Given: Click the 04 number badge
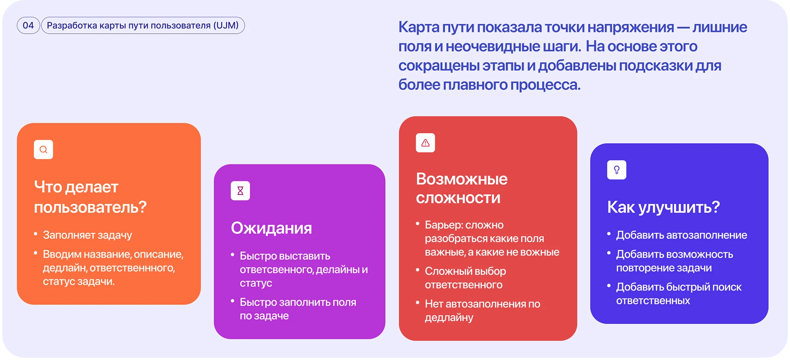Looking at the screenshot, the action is tap(28, 26).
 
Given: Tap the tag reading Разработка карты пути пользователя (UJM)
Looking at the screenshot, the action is tap(143, 26).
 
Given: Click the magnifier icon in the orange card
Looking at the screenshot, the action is tap(43, 150).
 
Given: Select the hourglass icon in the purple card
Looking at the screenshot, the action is tap(240, 191).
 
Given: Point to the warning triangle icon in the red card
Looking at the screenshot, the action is tap(425, 143).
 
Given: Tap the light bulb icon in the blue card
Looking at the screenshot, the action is tap(617, 170).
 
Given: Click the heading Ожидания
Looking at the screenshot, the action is tap(272, 228).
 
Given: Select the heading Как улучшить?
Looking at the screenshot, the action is tap(664, 207).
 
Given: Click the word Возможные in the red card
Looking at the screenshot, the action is tap(462, 179).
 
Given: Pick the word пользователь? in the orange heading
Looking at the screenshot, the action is tap(91, 207).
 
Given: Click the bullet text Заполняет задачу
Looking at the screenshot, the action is tap(88, 235).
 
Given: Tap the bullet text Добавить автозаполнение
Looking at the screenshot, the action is tap(682, 235).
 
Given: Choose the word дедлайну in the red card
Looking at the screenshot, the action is tap(449, 318).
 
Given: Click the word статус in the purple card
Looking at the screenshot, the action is tap(256, 283).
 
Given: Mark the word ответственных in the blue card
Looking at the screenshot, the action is tap(653, 301).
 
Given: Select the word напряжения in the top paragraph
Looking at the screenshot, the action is tap(631, 27).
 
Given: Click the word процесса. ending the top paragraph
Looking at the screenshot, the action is tap(546, 85).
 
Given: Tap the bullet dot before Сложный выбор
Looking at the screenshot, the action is tap(418, 270).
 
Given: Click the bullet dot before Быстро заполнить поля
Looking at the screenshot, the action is tap(232, 301).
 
